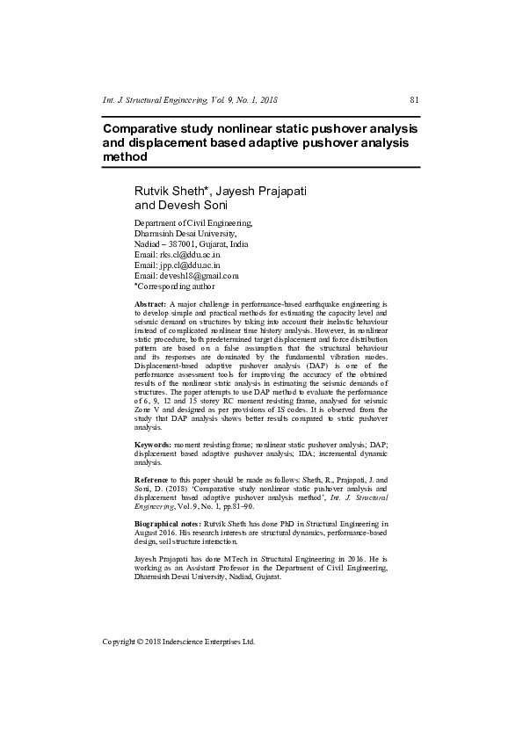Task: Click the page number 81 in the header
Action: pyautogui.click(x=415, y=100)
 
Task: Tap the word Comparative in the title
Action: pyautogui.click(x=144, y=127)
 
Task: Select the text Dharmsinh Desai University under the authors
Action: pyautogui.click(x=185, y=234)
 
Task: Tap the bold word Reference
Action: pyautogui.click(x=153, y=480)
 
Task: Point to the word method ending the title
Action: pyautogui.click(x=124, y=156)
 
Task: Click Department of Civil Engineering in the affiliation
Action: pyautogui.click(x=192, y=223)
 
